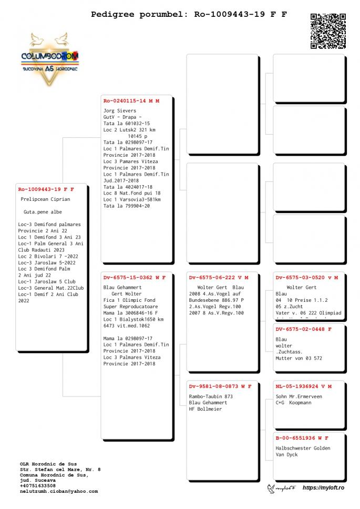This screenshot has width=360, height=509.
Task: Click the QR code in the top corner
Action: tap(328, 31)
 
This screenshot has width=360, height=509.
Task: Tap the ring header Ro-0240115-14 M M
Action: tap(131, 100)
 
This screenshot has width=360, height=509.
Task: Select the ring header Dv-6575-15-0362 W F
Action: tap(135, 277)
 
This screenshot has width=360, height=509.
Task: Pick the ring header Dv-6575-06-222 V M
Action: tap(219, 277)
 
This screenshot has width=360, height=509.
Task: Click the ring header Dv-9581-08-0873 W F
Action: tap(220, 386)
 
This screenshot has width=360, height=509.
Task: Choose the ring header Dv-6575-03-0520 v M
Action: tap(306, 277)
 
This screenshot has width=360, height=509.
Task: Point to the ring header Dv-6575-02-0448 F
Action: tap(303, 329)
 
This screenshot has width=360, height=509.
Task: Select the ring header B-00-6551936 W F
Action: tap(302, 437)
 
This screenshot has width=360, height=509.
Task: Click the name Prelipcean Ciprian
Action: tap(45, 199)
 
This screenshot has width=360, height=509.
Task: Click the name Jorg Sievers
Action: tap(120, 111)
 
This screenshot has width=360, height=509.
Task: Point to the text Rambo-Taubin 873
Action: tap(211, 396)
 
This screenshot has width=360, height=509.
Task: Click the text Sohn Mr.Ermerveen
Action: tap(299, 396)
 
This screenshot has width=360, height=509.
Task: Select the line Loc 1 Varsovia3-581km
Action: tap(132, 199)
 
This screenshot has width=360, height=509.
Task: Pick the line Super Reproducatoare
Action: tap(130, 307)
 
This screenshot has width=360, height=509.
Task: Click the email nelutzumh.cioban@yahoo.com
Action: tap(59, 491)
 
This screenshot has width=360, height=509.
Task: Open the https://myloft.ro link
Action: tap(323, 488)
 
